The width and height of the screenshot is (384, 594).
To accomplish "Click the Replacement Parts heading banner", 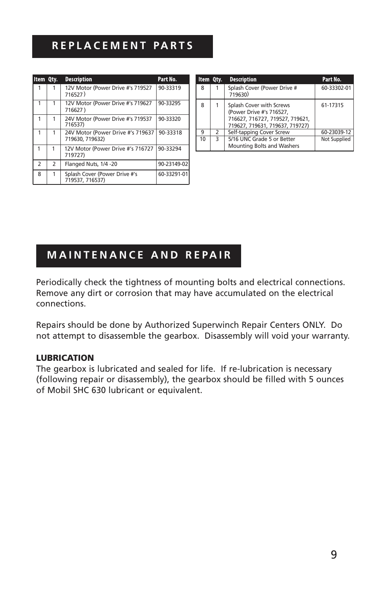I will click(122, 46).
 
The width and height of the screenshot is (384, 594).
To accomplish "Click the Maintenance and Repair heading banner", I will click(138, 255).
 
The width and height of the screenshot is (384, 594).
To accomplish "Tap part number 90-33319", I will click(169, 88).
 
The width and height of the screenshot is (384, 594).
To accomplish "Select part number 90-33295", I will click(169, 103).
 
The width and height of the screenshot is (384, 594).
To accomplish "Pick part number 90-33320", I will click(169, 119).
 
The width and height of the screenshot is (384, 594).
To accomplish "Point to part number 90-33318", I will click(170, 133).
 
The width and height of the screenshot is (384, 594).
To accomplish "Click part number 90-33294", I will click(169, 149).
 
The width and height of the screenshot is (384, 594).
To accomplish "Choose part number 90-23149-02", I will click(173, 164).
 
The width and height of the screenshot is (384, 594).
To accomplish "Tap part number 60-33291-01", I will click(173, 174).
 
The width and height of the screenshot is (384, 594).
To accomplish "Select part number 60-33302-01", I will click(336, 88).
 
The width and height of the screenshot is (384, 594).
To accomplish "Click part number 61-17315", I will click(332, 106).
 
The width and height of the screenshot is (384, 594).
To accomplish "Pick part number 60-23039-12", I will click(336, 132).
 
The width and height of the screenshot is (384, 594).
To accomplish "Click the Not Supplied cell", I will click(336, 139).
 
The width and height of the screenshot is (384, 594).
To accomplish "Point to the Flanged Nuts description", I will click(91, 164).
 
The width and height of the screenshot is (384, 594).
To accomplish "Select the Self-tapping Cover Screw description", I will click(258, 132).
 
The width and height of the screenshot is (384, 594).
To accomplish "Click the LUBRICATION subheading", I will click(65, 358).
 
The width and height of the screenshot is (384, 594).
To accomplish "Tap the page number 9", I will click(334, 555).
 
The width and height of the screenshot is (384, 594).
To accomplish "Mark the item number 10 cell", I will click(202, 139).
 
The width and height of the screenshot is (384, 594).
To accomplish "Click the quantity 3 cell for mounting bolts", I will click(217, 139).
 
